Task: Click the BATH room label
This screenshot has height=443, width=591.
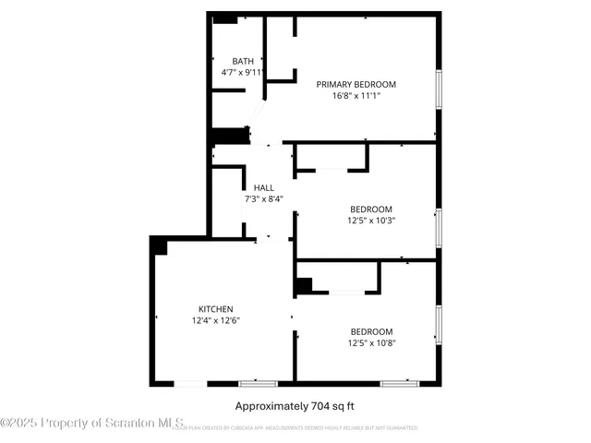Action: point(243,61)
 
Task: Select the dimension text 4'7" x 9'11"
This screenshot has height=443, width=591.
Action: point(243,72)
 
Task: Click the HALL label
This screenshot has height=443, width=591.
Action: point(263,187)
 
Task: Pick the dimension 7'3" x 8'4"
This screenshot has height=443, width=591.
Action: point(263,198)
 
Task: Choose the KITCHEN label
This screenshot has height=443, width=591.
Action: point(215,309)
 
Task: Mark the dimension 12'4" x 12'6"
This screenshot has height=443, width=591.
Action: point(215,320)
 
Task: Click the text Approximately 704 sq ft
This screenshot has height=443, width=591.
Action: point(295,405)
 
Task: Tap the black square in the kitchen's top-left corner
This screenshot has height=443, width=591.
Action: point(159,245)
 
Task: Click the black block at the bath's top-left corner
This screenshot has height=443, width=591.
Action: point(224,18)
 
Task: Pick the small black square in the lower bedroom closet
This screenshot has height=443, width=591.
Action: point(303,286)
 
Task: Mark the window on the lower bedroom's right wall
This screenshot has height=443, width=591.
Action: point(439,324)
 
